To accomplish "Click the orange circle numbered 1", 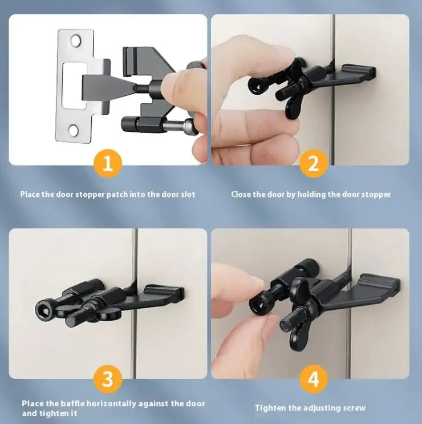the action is coord(108,163).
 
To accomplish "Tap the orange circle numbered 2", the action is coord(314,163).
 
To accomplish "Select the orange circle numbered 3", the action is coord(108,379).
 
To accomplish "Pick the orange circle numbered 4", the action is coord(314,379).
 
